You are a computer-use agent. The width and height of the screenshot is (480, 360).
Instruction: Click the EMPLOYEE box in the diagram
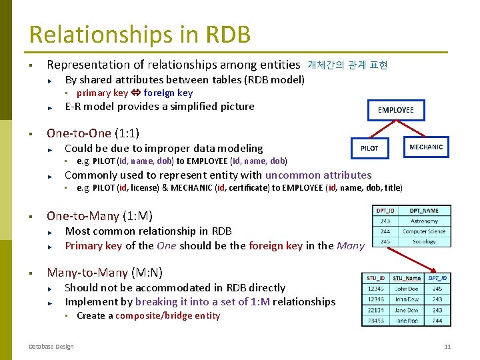395,110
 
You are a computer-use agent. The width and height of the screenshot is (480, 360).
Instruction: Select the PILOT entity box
369,147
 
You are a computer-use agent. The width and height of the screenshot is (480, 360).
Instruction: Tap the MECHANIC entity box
425,147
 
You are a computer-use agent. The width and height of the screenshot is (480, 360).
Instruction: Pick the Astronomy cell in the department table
424,221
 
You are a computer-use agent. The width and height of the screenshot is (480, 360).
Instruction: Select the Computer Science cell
424,231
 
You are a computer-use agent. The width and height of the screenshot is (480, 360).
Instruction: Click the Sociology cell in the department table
424,241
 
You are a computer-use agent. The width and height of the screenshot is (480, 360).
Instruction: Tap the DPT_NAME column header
424,211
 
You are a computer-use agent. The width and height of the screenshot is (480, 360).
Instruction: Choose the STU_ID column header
375,278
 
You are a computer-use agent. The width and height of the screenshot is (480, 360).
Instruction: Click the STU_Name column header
407,278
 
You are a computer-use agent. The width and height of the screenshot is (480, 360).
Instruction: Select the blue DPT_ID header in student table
437,278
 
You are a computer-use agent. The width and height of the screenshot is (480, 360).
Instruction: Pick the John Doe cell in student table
407,289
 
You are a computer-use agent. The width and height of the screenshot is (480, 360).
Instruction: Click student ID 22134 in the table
375,309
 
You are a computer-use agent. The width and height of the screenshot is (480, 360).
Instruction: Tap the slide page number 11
447,346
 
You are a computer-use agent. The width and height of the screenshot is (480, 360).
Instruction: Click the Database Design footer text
51,346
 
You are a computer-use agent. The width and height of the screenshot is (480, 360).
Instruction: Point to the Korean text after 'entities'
347,65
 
